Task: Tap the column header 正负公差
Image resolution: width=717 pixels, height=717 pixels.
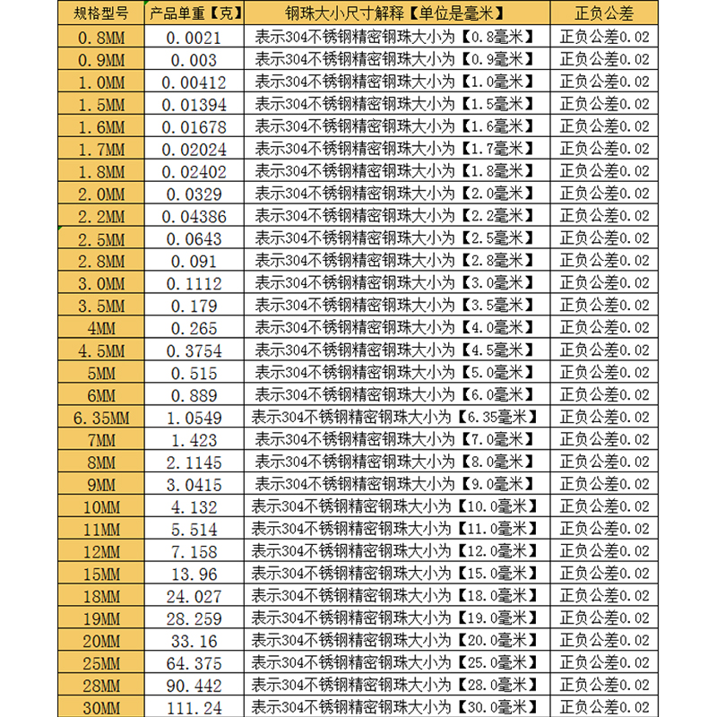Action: [x=604, y=13]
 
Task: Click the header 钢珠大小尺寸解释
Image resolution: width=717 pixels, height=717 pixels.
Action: [x=387, y=13]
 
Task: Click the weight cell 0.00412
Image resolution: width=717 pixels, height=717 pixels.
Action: [x=194, y=82]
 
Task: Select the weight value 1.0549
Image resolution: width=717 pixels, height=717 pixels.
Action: [x=194, y=418]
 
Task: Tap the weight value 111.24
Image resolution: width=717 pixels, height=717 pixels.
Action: [x=194, y=708]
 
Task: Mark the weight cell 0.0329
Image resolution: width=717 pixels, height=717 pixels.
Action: [x=194, y=194]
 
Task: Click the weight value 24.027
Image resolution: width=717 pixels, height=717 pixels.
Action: [x=194, y=596]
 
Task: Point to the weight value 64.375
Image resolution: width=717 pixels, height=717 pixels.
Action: [x=194, y=663]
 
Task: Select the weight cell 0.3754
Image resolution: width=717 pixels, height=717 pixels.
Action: [x=194, y=350]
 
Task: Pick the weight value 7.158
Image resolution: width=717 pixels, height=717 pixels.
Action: [x=194, y=551]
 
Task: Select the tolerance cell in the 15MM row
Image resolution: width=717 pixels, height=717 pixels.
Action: [x=604, y=574]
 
